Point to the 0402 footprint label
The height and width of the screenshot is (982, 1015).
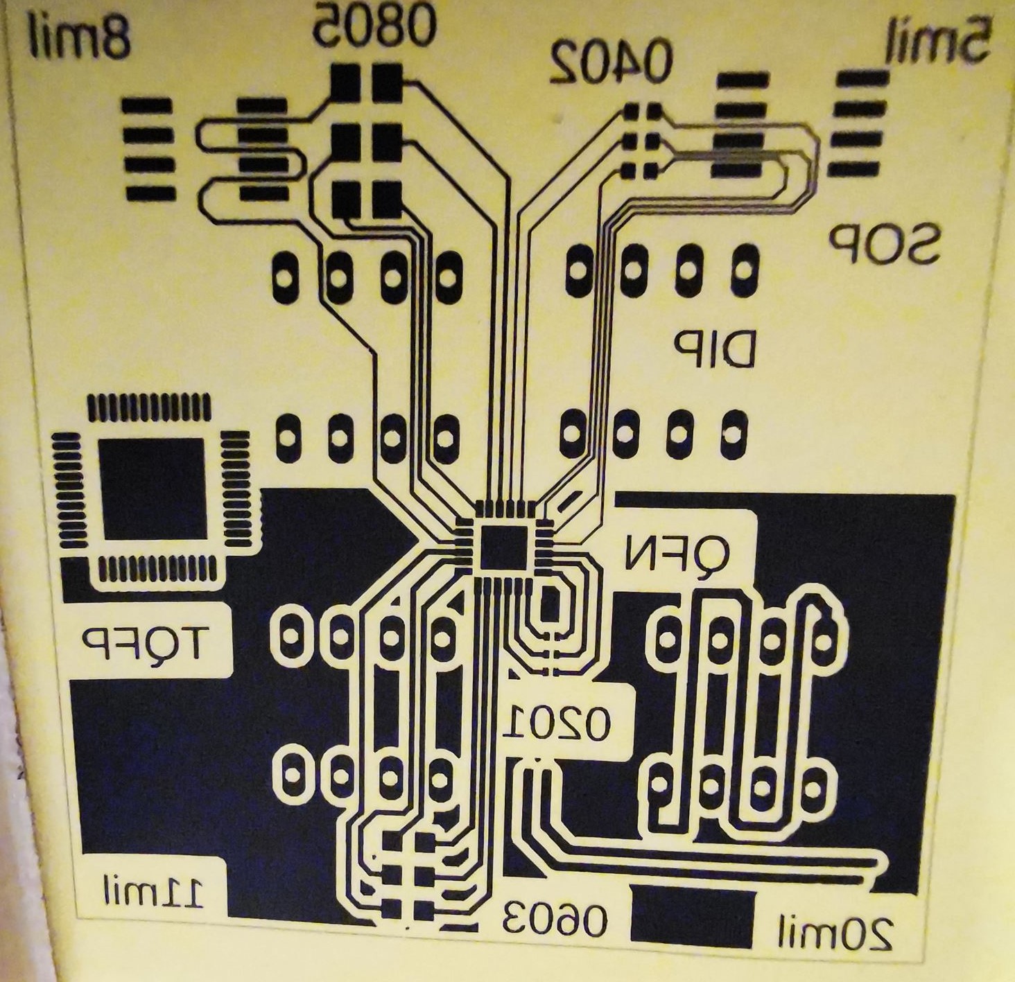pos(611,61)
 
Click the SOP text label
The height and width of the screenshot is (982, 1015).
pos(884,243)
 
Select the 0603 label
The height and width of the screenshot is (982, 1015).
pos(555,919)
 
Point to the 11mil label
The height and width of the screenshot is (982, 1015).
pos(154,892)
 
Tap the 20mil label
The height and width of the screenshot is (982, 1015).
pos(835,933)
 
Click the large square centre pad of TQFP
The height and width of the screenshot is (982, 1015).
pos(153,489)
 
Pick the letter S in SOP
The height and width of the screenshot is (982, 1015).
pos(923,243)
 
